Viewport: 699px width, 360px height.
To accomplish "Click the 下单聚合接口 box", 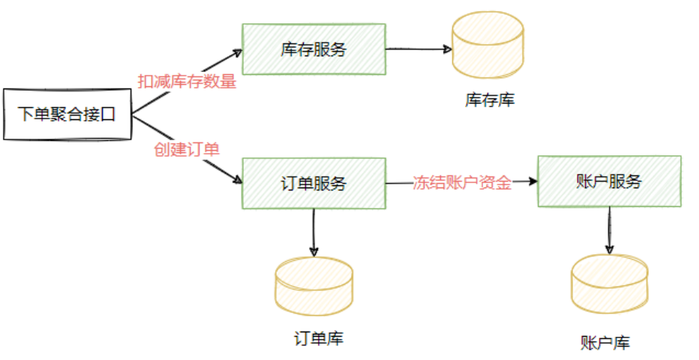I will (x=67, y=115).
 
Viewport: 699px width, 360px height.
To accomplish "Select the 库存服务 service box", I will (x=313, y=49).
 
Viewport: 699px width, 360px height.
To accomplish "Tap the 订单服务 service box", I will (x=313, y=183).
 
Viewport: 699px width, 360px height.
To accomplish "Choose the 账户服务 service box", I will (x=609, y=181).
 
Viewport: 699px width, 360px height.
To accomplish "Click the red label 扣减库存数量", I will (x=187, y=82).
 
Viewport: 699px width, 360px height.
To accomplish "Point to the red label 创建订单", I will (x=187, y=148).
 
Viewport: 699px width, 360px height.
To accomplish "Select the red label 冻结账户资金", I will (x=462, y=182).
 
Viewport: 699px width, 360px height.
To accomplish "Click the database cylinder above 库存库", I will (x=488, y=45).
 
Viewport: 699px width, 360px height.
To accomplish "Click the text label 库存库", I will (x=489, y=100).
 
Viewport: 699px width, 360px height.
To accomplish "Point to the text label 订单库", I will (x=319, y=338).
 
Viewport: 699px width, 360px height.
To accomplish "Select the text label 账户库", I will (x=605, y=343).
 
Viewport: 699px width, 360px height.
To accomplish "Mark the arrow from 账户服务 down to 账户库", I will (x=609, y=229).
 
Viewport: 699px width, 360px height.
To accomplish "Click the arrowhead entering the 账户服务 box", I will (x=533, y=181).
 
